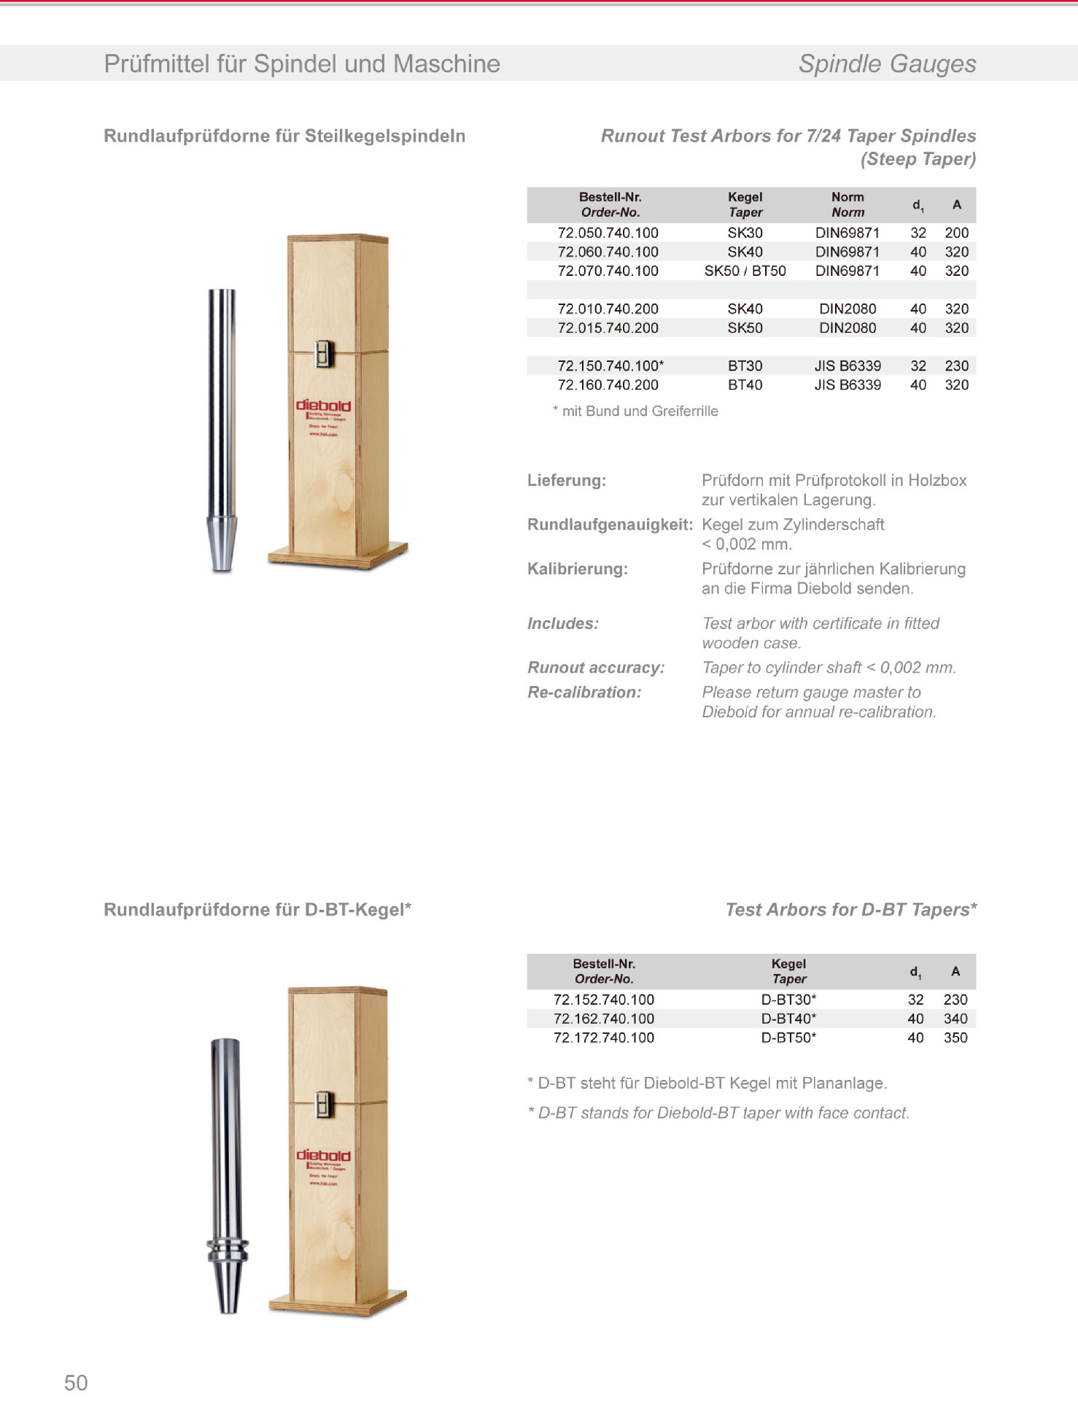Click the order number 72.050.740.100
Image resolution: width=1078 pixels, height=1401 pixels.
[608, 233]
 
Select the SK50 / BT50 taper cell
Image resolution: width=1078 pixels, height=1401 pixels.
[745, 271]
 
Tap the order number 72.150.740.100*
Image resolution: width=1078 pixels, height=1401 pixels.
[610, 366]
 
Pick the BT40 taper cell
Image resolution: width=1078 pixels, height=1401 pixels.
[745, 385]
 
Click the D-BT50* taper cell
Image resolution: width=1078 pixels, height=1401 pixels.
[788, 1038]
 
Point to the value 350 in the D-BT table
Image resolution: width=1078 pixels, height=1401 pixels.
[955, 1038]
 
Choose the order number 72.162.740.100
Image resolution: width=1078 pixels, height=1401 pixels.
[604, 1019]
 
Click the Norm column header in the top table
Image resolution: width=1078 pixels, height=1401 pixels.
[848, 204]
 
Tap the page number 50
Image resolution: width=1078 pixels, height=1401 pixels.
[76, 1383]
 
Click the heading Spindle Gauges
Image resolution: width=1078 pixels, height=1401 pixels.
[887, 64]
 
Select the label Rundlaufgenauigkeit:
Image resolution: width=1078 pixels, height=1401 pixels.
[610, 525]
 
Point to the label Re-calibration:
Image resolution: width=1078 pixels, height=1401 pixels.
[584, 692]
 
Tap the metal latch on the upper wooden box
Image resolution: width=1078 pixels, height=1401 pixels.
[324, 355]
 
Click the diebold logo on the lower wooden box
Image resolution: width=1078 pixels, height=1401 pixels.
[323, 1155]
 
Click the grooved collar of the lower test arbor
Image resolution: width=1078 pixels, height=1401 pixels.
[228, 1251]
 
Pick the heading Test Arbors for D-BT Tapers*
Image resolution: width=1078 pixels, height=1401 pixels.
[850, 910]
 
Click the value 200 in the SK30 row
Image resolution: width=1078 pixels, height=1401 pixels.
[956, 233]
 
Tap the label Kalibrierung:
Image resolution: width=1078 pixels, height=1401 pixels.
[578, 569]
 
